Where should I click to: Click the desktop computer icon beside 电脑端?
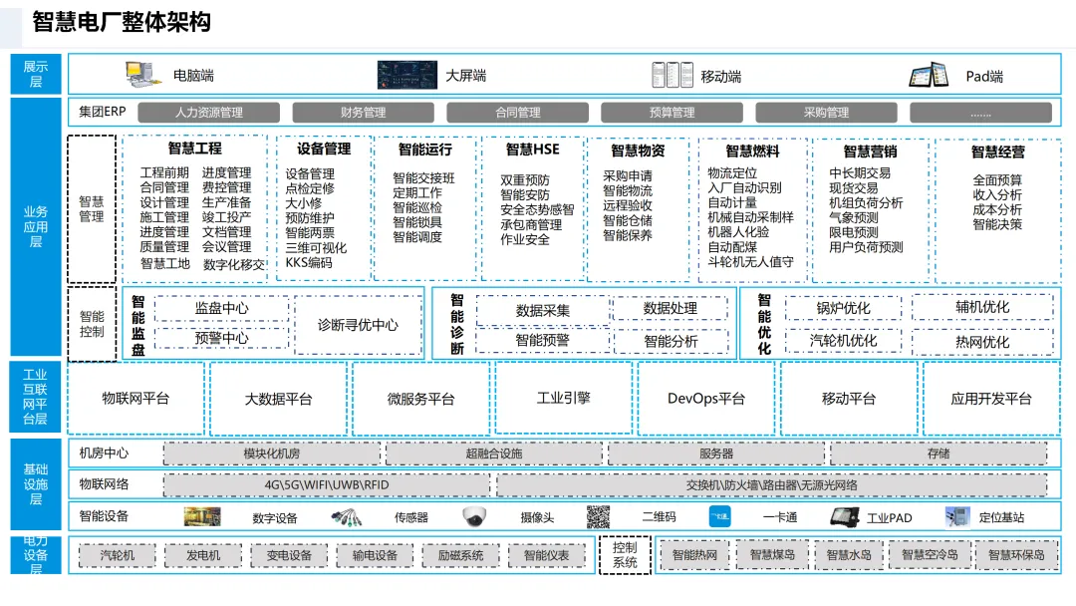[142, 74]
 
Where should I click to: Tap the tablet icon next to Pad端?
[929, 75]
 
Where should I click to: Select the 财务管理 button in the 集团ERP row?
[363, 113]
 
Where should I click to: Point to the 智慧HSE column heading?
[532, 151]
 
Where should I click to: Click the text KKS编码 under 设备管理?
[309, 263]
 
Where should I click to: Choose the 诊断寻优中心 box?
[358, 325]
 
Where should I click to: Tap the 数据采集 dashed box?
[542, 310]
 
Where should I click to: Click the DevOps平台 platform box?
[706, 399]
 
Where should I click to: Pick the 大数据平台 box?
[279, 399]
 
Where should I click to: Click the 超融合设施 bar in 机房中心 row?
[494, 454]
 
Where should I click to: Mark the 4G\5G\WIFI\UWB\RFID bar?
[327, 485]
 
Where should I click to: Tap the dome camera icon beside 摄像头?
[473, 517]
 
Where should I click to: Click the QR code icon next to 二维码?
[598, 517]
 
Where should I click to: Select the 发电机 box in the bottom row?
[203, 555]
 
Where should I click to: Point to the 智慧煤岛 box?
[772, 555]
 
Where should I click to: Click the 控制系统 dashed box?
[625, 555]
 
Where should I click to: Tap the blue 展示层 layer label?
[35, 74]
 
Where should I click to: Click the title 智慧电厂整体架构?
[122, 22]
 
